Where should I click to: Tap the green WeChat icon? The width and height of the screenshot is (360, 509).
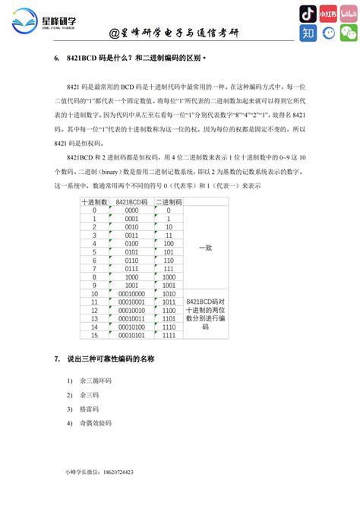click(x=348, y=33)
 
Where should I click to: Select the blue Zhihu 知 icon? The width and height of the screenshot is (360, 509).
click(x=308, y=33)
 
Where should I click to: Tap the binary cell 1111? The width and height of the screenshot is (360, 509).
click(x=169, y=336)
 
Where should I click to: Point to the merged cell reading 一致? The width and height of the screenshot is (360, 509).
click(x=206, y=248)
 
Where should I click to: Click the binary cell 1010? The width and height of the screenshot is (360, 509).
click(x=169, y=294)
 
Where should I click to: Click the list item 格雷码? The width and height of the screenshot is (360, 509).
click(x=90, y=409)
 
